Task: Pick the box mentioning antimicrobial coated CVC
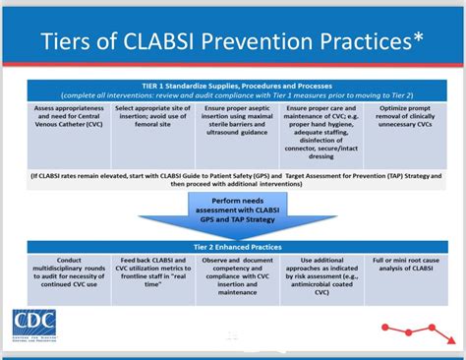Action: click(x=316, y=284)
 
